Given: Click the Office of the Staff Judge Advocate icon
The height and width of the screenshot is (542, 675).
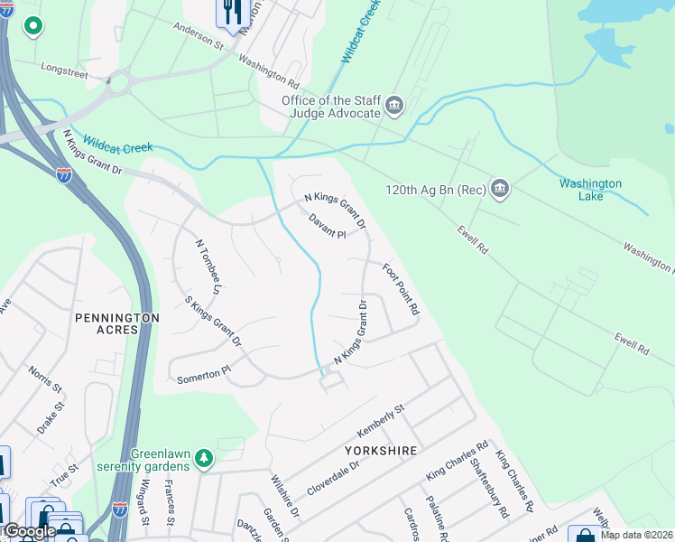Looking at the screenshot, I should tap(394, 107).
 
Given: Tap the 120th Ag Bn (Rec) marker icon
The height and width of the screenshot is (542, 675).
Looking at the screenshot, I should tap(500, 190).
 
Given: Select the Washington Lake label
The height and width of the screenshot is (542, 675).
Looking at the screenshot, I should tap(590, 190).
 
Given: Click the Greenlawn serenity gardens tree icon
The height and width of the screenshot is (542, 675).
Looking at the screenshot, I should tap(205, 459).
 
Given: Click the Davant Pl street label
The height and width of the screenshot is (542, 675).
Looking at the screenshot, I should tap(327, 227).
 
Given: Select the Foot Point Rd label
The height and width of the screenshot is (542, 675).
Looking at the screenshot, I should tap(401, 289).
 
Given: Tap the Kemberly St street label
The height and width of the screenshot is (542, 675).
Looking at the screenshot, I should tap(382, 422).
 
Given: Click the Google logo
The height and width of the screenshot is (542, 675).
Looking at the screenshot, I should tap(29, 531).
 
